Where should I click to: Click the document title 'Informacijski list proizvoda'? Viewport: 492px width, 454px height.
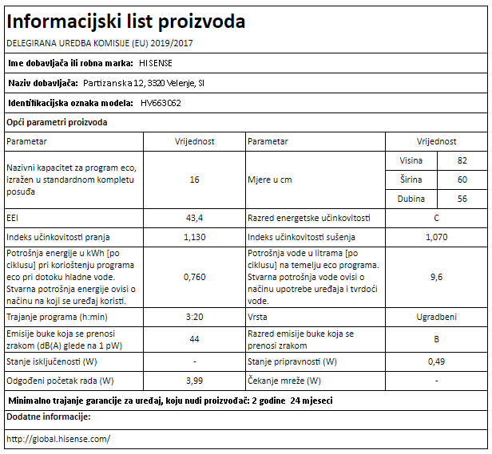[126, 21]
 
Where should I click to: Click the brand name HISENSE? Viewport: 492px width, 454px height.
[155, 62]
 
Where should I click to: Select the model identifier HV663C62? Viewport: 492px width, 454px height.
[161, 103]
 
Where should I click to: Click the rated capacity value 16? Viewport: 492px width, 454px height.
[194, 180]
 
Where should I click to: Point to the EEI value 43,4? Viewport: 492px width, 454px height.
[194, 218]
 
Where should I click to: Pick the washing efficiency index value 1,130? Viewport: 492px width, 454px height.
[194, 237]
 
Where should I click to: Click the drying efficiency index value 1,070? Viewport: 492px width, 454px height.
[436, 237]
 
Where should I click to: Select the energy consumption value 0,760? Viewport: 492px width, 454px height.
[194, 277]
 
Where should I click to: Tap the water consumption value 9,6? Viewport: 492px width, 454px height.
[436, 277]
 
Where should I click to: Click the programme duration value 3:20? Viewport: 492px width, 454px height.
[194, 317]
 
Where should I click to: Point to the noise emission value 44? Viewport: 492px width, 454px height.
[194, 340]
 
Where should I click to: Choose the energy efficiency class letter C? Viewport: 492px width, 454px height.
[436, 218]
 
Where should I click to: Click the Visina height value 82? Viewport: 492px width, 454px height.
[462, 160]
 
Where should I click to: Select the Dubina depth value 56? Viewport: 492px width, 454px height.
[462, 199]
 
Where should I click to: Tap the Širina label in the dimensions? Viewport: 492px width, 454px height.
[411, 180]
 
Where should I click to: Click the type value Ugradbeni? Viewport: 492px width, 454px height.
[436, 317]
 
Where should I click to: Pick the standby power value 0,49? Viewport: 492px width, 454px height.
[436, 361]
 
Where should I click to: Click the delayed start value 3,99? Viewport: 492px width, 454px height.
[194, 381]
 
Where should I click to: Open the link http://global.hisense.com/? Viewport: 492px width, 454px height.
[58, 439]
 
